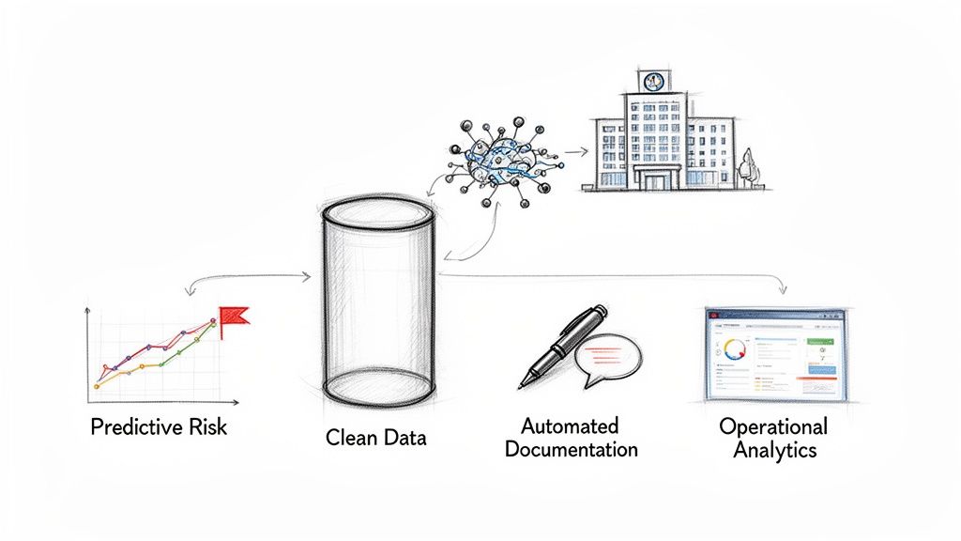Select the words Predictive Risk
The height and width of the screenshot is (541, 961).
tap(159, 427)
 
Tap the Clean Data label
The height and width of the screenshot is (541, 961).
tap(374, 437)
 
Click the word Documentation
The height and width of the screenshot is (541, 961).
tap(571, 449)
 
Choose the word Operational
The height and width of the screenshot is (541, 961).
tap(773, 425)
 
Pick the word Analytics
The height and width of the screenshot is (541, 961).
tap(774, 450)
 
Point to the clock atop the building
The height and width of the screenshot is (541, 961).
tap(651, 81)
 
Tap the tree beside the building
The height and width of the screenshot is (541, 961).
tap(748, 169)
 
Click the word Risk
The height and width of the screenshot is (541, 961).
tap(207, 427)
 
